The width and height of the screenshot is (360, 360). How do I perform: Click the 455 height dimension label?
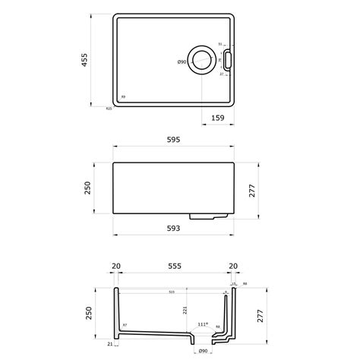coord(85,60)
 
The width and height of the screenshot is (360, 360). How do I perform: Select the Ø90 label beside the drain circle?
coord(182,61)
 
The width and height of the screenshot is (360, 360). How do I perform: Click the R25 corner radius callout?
coord(109,109)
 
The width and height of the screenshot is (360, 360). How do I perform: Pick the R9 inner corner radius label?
coord(123,97)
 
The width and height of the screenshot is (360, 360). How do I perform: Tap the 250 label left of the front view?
coord(87,187)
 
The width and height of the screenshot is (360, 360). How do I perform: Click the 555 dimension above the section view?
coord(174,267)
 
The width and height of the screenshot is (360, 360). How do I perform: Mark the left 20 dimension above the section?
coord(116,267)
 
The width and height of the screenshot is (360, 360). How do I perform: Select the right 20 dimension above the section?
coord(232,267)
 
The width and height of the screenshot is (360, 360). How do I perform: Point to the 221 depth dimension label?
coord(185,309)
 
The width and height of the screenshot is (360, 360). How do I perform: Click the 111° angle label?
coord(202,323)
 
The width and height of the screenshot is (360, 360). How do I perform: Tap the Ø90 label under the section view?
coord(203,351)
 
